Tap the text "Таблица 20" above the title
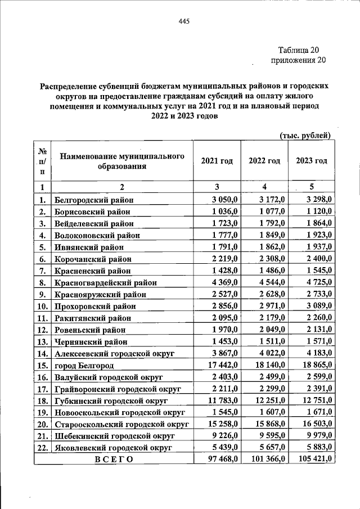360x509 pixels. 303,49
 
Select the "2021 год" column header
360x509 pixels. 217,161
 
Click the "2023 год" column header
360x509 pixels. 311,161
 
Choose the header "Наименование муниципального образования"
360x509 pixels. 122,161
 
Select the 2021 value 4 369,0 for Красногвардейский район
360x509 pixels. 225,282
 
